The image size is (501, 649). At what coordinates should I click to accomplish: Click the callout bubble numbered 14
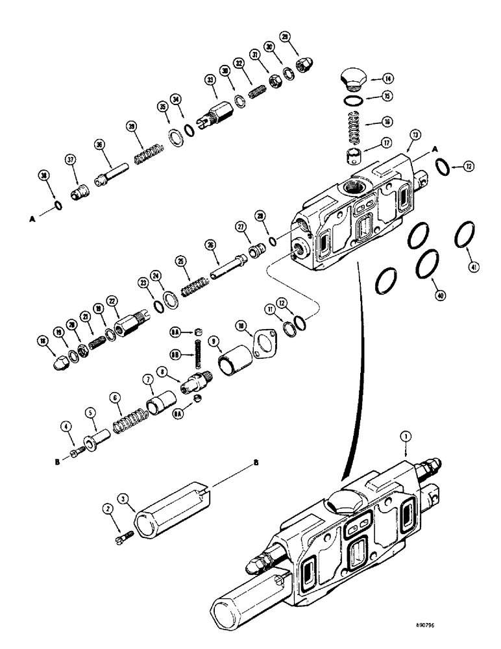387,79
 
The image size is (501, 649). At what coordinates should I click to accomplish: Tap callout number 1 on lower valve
407,439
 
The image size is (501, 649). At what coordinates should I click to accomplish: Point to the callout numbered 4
66,427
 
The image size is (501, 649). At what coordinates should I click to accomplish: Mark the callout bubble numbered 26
210,245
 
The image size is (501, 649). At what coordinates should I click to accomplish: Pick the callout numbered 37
71,160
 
